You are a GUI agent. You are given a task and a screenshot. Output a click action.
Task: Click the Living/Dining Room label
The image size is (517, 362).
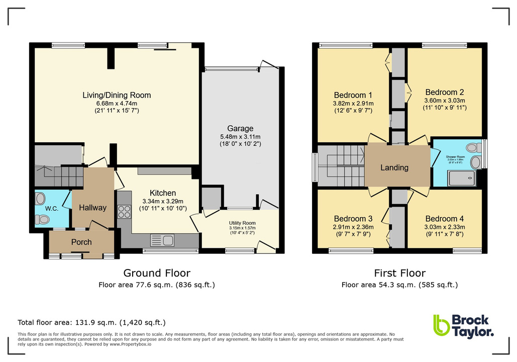click(117, 95)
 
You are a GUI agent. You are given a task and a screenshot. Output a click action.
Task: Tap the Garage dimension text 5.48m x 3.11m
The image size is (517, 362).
click(240, 136)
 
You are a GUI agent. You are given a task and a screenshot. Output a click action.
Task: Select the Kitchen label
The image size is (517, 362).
click(163, 193)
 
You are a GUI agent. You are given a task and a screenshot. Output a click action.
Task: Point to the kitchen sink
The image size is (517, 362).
click(161, 240)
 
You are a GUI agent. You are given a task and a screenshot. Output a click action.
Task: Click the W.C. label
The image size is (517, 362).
click(52, 208)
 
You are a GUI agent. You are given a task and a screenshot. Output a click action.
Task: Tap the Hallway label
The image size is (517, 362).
click(93, 207)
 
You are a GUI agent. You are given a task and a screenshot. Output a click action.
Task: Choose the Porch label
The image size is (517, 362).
click(81, 242)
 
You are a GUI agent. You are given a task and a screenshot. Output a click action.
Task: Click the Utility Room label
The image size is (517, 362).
click(242, 223)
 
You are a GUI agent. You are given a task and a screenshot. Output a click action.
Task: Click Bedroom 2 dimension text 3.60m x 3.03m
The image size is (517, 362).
click(444, 100)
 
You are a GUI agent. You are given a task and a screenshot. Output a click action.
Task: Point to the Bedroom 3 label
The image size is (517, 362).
click(353, 219)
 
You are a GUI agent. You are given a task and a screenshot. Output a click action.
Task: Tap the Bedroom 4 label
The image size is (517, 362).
click(444, 219)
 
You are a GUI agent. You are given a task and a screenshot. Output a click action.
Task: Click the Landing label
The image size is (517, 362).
click(394, 167)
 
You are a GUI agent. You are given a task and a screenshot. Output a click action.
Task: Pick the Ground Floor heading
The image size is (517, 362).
click(157, 273)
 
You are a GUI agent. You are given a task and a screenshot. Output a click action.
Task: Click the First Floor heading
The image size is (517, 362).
click(399, 273)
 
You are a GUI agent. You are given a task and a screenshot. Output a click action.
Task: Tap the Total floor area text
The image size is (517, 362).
click(91, 322)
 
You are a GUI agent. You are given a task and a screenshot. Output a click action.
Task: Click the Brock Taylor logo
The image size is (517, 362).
click(463, 325)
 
